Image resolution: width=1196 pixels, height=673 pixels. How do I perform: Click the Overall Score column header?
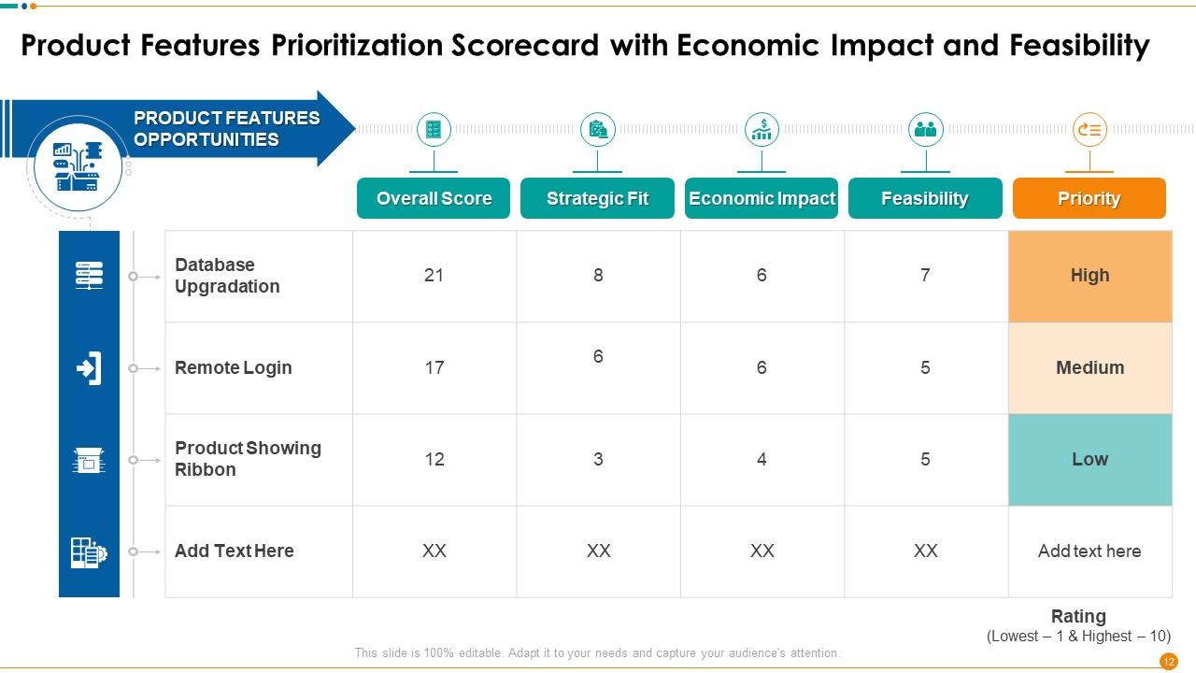434,198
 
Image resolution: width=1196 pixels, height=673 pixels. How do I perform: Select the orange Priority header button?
1089,198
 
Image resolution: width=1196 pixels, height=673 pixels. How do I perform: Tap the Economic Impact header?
762,198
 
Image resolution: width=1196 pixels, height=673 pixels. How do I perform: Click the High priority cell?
1089,276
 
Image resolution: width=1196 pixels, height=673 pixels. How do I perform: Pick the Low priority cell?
1089,459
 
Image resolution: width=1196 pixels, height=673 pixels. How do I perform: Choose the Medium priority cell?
1089,367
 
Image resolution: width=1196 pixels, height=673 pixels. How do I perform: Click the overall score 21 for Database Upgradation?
434,275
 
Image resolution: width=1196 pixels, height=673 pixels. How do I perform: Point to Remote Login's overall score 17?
434,367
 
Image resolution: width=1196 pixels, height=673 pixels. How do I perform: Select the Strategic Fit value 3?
598,459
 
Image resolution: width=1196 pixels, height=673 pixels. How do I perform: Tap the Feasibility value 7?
925,275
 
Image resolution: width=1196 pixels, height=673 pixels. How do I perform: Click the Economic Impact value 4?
762,459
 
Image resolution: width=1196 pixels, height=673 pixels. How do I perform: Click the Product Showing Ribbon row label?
248,459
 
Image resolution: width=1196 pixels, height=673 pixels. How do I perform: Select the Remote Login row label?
233,367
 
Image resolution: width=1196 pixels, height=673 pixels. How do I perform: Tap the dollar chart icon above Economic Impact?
762,130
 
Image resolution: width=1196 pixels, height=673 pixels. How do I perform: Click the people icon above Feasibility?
926,130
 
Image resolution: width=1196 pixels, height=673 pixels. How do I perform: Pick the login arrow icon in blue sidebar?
89,368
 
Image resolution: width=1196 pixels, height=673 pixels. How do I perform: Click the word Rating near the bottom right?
1078,616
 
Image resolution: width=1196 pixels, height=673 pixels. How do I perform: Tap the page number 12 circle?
1168,661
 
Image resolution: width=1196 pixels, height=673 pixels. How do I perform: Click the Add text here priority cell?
1089,551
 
